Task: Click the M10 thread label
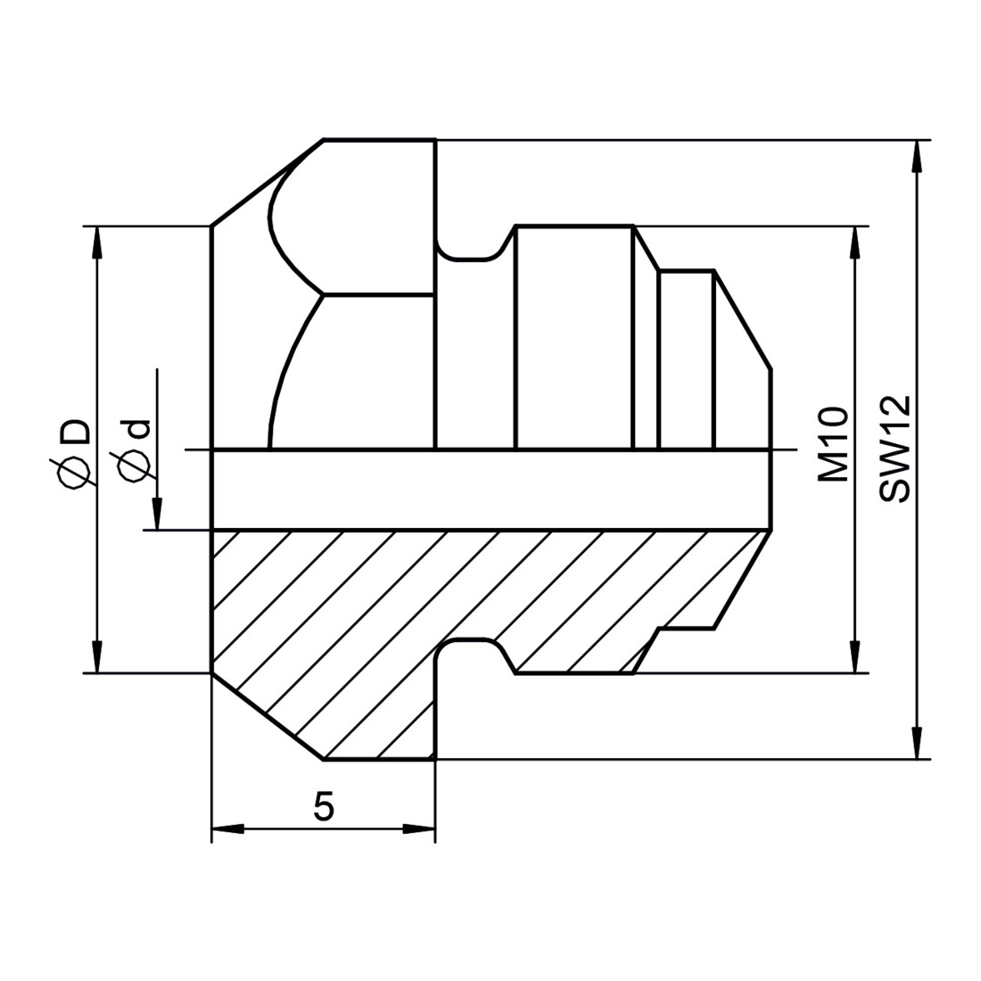click(x=833, y=443)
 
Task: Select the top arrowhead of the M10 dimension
click(x=855, y=242)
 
